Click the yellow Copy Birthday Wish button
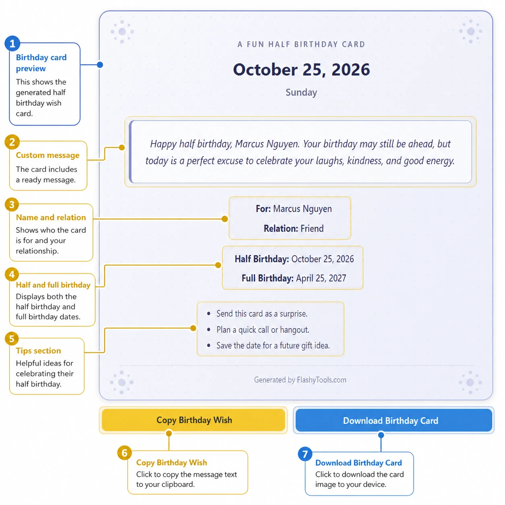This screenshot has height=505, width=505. click(x=193, y=420)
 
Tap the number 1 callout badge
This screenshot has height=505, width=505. click(x=12, y=43)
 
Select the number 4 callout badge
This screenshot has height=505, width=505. click(x=12, y=274)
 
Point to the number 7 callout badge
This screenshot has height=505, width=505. click(x=305, y=454)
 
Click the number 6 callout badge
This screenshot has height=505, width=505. click(x=124, y=453)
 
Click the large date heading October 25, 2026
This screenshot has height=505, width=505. click(x=301, y=70)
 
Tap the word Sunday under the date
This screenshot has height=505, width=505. click(x=301, y=93)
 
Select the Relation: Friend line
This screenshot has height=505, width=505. click(x=294, y=228)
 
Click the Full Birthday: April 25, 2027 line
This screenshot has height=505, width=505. click(x=294, y=278)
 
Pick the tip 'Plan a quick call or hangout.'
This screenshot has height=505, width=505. click(x=263, y=330)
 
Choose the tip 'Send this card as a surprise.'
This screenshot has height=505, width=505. click(x=262, y=314)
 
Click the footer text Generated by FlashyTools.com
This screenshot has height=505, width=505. click(x=300, y=380)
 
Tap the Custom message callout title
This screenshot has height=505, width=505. click(x=48, y=155)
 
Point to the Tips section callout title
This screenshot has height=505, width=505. click(x=38, y=351)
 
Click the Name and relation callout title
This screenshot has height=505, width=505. click(x=51, y=217)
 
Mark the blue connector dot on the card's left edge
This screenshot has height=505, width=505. click(x=100, y=65)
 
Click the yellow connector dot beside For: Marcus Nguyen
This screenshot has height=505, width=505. click(x=225, y=219)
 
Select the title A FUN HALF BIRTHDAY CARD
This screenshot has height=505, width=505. click(x=301, y=44)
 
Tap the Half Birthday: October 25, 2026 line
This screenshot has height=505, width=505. click(x=294, y=259)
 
